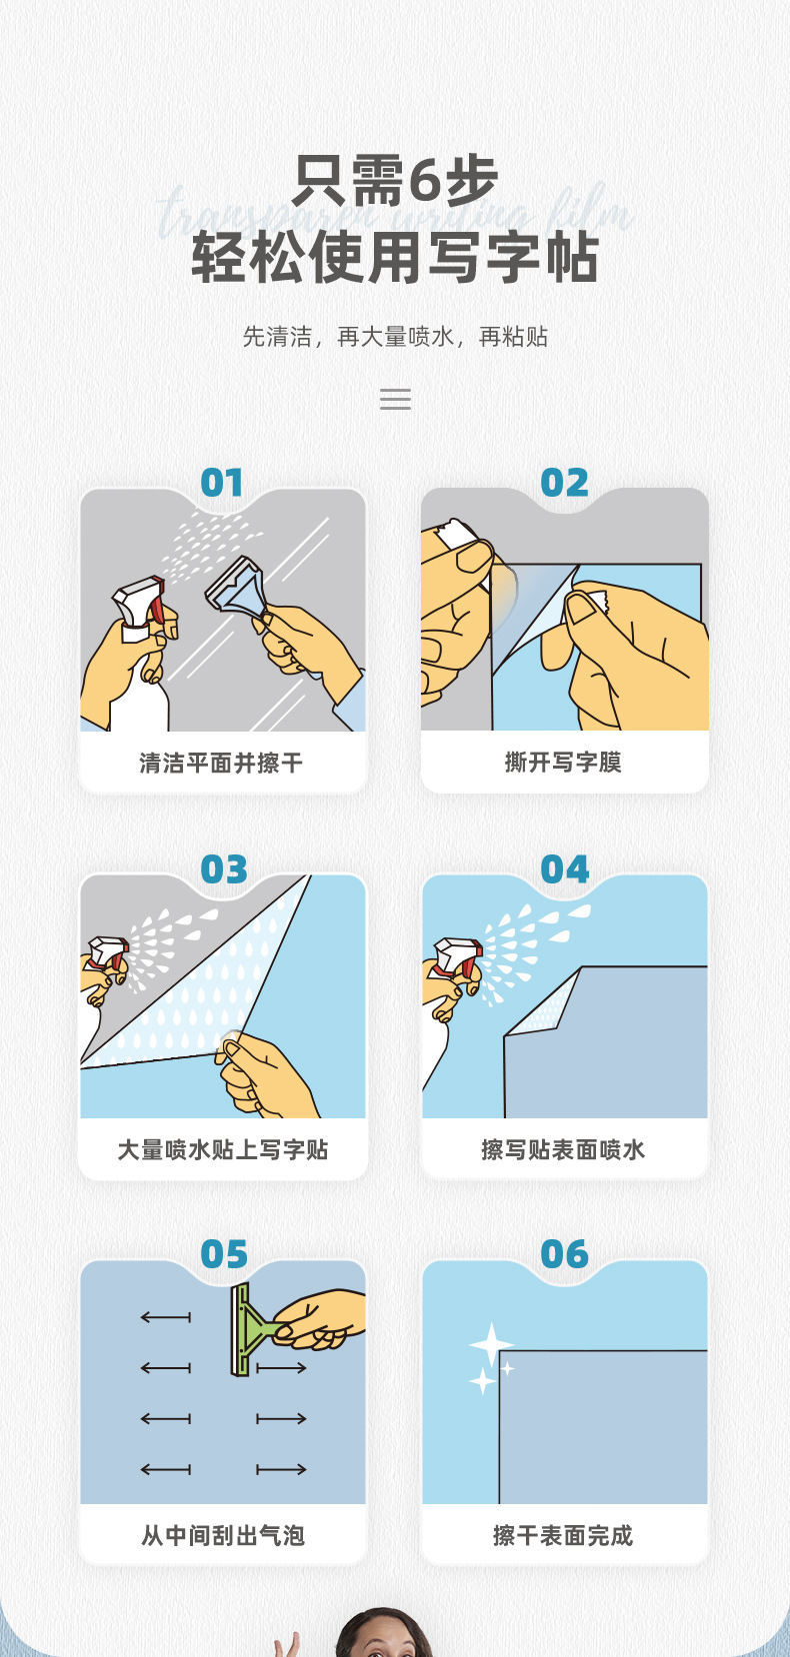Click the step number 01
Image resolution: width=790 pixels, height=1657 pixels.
tap(222, 484)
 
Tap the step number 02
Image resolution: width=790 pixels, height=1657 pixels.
tap(564, 484)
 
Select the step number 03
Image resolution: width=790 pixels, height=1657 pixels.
tap(223, 869)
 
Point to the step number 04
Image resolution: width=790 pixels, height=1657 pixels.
tap(564, 869)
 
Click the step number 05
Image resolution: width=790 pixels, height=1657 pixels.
tap(223, 1254)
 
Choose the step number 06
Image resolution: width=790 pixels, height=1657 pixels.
tap(564, 1254)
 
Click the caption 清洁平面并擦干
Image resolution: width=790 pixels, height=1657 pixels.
tap(221, 764)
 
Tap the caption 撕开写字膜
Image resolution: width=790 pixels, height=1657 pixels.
tap(563, 763)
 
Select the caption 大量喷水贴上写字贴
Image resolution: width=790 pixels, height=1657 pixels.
tap(222, 1149)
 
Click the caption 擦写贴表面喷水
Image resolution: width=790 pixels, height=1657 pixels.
tap(563, 1149)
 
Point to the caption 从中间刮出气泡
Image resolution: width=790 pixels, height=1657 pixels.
tap(222, 1535)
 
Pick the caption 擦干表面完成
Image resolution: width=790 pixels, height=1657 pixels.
tap(563, 1535)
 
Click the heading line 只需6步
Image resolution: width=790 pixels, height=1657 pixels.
tap(395, 182)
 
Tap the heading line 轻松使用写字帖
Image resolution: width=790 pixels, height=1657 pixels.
tap(395, 258)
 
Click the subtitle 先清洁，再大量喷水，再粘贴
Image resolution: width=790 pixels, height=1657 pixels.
tap(395, 337)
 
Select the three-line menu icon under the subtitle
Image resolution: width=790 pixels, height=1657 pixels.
tap(395, 400)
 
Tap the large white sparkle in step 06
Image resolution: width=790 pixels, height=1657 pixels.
tap(491, 1344)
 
